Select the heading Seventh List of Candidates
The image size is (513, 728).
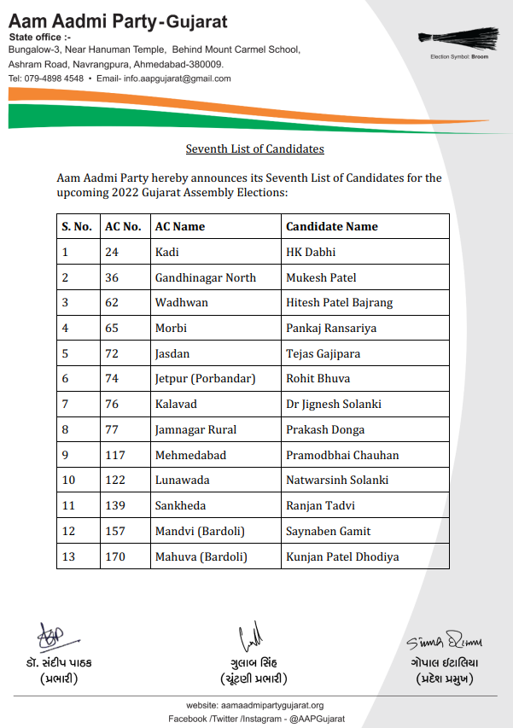255,149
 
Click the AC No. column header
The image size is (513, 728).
123,227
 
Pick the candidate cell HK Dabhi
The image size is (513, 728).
311,252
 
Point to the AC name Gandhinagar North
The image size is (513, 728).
205,277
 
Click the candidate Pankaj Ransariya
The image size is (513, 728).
331,328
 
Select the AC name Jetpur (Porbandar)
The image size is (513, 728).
205,379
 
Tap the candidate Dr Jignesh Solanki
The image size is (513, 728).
334,404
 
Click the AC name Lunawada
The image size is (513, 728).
182,480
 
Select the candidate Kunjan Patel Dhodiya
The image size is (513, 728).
342,556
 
